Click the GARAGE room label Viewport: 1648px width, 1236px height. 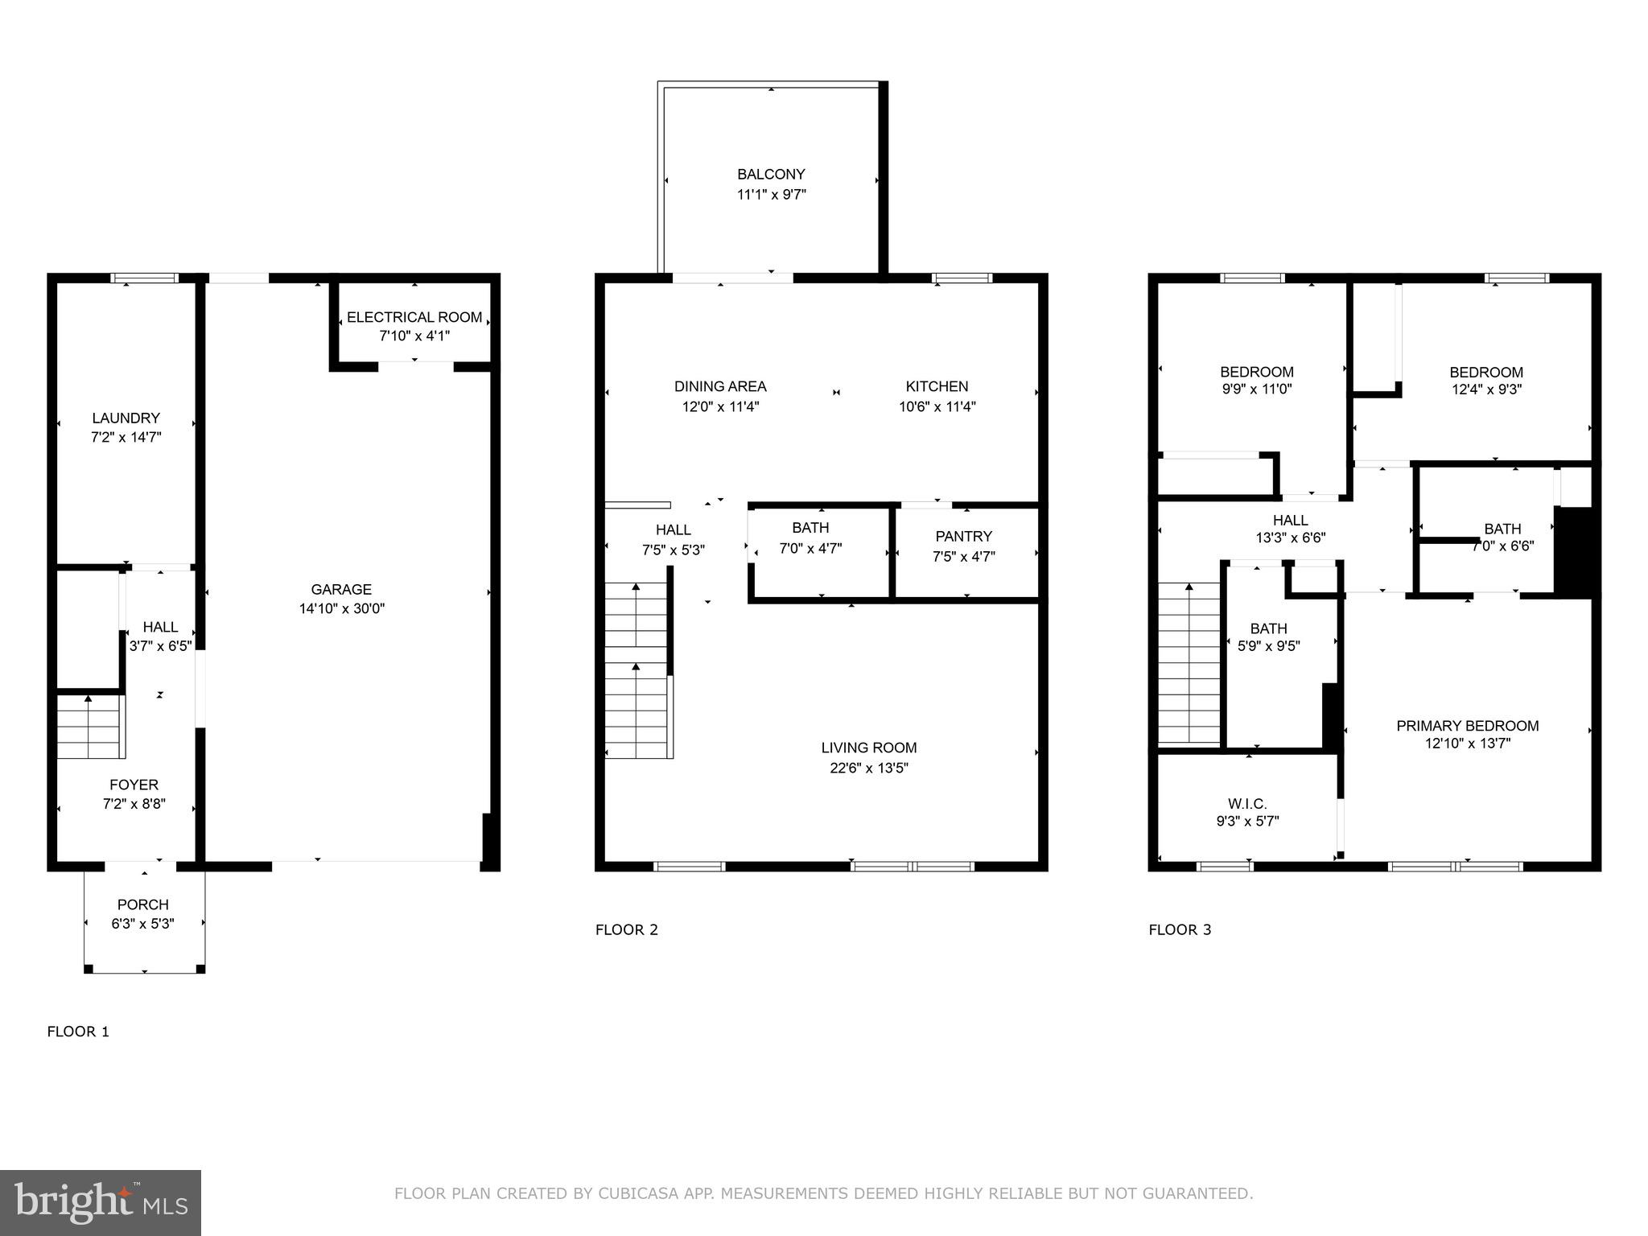click(x=341, y=589)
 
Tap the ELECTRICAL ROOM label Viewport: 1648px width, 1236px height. click(x=414, y=317)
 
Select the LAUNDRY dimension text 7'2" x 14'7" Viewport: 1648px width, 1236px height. click(x=126, y=438)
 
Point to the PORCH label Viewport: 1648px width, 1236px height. click(x=143, y=904)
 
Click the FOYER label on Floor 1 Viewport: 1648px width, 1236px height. click(x=134, y=785)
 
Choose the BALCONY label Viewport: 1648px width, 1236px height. click(x=771, y=174)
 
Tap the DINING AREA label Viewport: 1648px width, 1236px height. click(x=720, y=386)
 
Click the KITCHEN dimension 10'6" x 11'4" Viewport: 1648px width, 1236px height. click(x=937, y=407)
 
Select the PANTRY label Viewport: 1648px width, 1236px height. click(x=963, y=536)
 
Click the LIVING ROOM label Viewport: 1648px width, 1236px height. click(x=869, y=748)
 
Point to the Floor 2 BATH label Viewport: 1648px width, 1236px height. click(x=810, y=528)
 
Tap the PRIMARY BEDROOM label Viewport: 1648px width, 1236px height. click(x=1467, y=726)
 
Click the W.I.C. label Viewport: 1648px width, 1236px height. click(x=1247, y=804)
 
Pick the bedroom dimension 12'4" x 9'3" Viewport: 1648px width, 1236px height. click(x=1485, y=389)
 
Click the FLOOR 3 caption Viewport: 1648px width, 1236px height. click(x=1179, y=929)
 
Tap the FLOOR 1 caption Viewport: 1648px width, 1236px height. click(x=78, y=1032)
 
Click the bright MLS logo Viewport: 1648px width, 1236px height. click(x=101, y=1203)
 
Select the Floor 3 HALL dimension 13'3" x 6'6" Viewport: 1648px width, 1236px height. click(x=1290, y=538)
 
